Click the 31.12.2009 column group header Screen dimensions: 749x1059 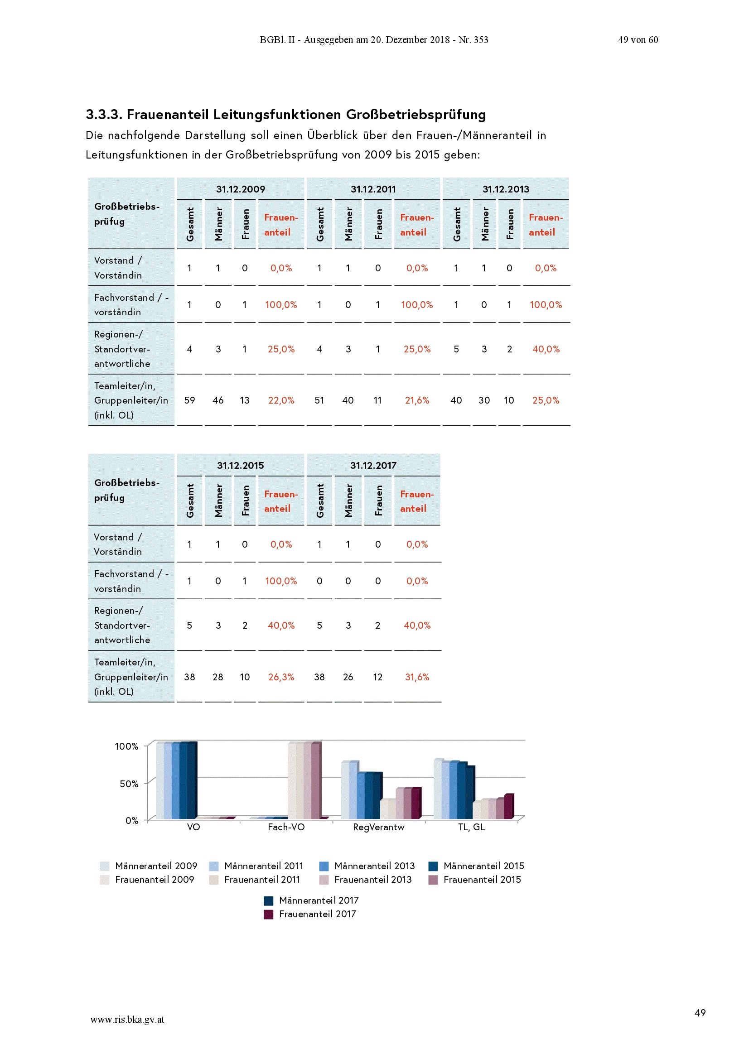241,189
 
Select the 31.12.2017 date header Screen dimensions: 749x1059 373,465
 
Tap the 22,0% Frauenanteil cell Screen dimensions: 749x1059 281,400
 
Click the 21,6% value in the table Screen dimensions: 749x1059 417,400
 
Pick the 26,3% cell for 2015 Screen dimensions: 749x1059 281,677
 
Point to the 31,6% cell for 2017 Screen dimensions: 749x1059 417,677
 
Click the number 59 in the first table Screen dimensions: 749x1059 189,400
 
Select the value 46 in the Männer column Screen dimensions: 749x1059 218,400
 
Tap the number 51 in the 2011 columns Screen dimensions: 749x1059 319,400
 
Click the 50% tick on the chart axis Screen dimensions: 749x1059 129,784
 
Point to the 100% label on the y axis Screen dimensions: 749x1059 126,746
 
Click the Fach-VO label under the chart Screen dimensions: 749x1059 286,827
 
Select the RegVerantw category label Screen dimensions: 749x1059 378,827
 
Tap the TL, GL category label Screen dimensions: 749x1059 471,827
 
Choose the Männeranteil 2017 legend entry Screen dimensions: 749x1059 311,900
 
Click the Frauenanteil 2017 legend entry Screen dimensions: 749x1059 309,914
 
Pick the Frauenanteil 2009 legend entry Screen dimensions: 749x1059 147,880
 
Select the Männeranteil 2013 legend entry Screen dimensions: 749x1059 367,866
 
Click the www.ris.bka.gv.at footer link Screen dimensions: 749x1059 127,1019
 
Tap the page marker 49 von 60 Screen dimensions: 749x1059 638,40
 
